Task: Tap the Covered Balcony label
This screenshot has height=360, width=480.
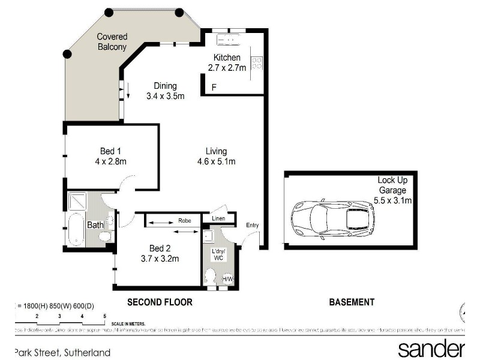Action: tap(112, 41)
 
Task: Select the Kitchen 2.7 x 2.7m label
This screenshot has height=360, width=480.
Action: tap(227, 63)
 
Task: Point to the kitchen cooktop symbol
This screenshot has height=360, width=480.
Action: tap(256, 62)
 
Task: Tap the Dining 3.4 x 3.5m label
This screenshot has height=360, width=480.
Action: tap(165, 91)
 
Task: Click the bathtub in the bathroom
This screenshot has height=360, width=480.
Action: tap(76, 230)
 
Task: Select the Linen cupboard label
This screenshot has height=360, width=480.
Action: tap(218, 218)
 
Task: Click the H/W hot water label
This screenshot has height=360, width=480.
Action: tap(228, 279)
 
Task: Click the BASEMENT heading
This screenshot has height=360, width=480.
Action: tap(352, 302)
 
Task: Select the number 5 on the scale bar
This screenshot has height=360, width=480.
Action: tap(104, 316)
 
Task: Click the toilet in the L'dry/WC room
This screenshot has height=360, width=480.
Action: tap(211, 277)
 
